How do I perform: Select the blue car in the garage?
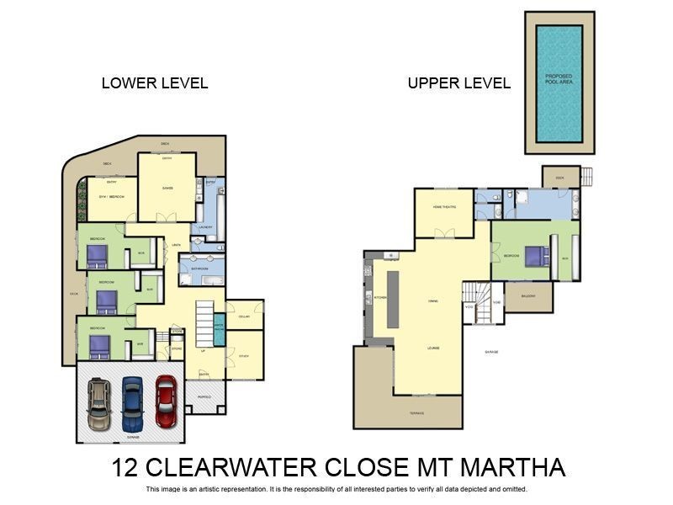132,401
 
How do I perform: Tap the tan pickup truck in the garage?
99,402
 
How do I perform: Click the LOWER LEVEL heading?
155,83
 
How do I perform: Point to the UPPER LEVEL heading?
458,83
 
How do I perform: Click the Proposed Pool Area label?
559,77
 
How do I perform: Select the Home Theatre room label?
444,206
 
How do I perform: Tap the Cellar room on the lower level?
244,316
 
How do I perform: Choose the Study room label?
244,356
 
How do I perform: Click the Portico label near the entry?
204,396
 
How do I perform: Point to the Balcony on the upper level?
528,296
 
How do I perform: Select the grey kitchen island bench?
392,299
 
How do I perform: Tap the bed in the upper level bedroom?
534,254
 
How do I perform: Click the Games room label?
167,188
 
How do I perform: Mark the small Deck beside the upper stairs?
560,178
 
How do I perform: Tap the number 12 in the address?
125,467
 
